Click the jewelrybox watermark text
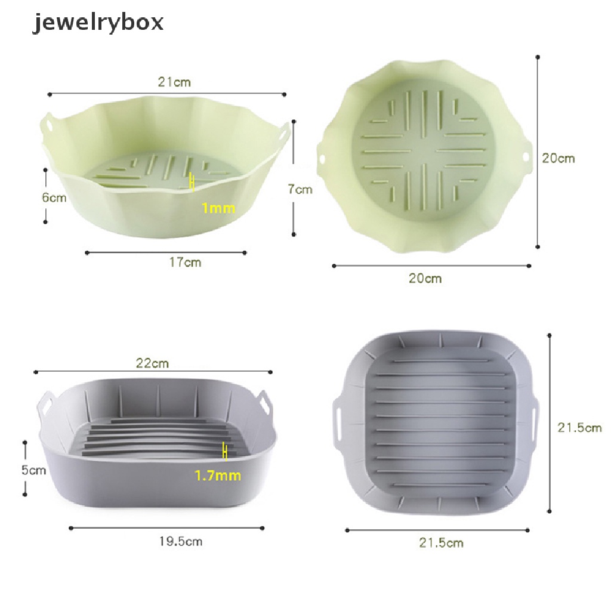coord(97,23)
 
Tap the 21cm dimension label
coord(174,82)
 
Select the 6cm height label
coord(54,198)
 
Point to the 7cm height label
coord(300,189)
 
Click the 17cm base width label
coord(185,263)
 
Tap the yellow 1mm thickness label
coord(218,208)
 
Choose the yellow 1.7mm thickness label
coord(218,476)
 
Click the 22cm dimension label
coord(152,363)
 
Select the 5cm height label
coord(33,470)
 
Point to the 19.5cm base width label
coord(180,542)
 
